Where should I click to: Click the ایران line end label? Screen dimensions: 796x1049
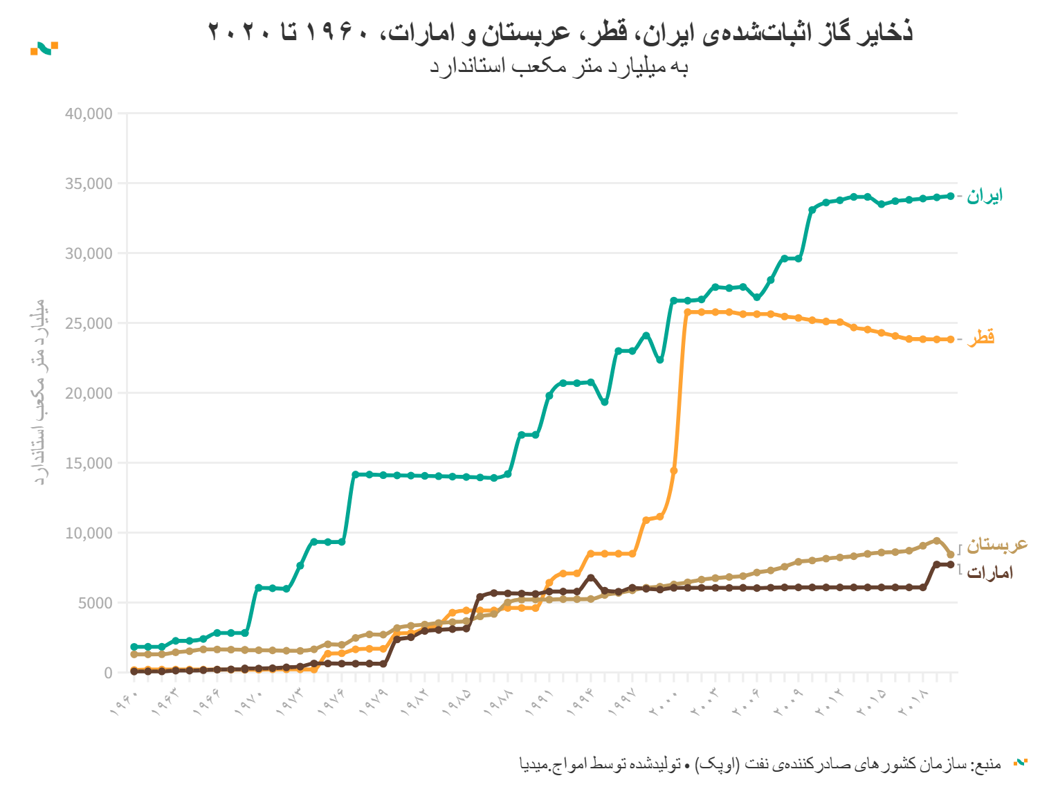point(985,196)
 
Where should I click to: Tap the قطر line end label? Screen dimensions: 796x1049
point(981,338)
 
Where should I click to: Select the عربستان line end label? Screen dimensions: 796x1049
point(997,545)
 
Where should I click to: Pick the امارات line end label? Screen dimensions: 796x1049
point(990,572)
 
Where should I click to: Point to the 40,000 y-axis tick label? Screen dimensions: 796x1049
point(89,114)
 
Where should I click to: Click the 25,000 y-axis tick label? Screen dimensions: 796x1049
point(89,323)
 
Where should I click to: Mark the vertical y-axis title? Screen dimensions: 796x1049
point(40,392)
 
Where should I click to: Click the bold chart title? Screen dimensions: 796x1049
point(560,32)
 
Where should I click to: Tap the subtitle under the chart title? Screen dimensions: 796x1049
point(559,67)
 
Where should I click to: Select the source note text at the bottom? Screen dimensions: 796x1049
point(760,764)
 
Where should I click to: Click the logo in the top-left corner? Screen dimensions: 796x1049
point(44,48)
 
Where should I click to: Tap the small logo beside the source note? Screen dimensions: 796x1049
point(1020,763)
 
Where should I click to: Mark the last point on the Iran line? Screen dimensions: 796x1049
point(951,197)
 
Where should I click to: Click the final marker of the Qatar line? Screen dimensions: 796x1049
point(951,339)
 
